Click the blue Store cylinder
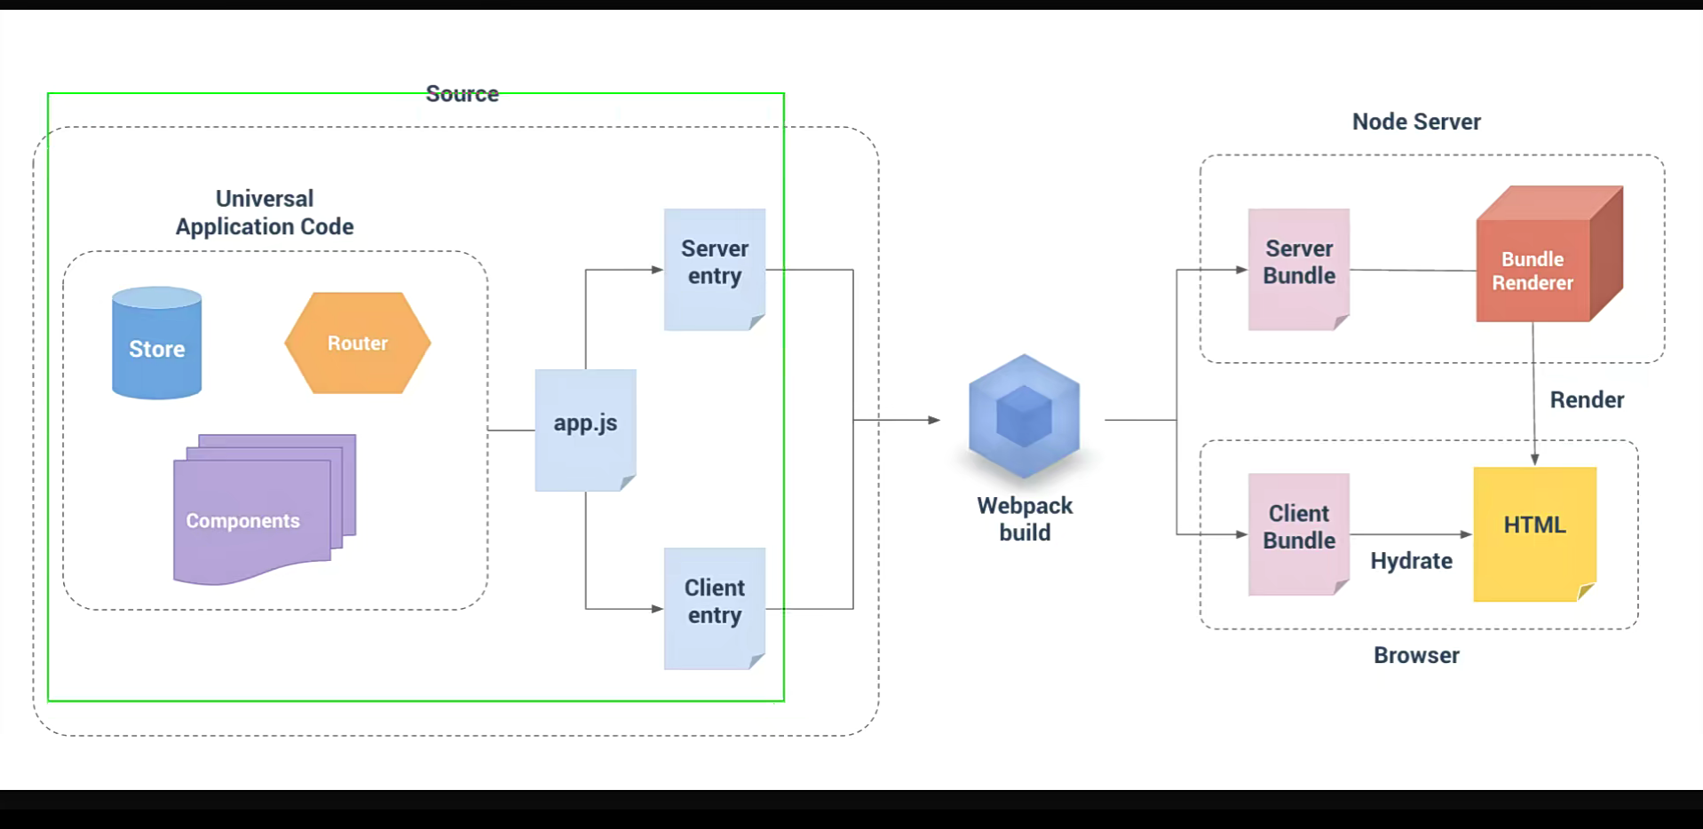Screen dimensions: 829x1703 point(156,343)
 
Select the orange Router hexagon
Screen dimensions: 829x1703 point(358,343)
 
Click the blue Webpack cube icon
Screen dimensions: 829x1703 point(1024,415)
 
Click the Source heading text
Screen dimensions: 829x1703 point(462,94)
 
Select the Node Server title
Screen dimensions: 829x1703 point(1416,122)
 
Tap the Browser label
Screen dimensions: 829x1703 point(1416,655)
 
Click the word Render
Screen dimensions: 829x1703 point(1587,399)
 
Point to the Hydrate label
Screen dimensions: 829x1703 point(1411,561)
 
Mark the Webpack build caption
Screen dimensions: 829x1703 point(1025,519)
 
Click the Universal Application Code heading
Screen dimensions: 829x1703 point(265,213)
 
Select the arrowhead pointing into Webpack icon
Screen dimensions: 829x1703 point(934,420)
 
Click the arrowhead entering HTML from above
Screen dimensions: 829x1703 point(1534,460)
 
